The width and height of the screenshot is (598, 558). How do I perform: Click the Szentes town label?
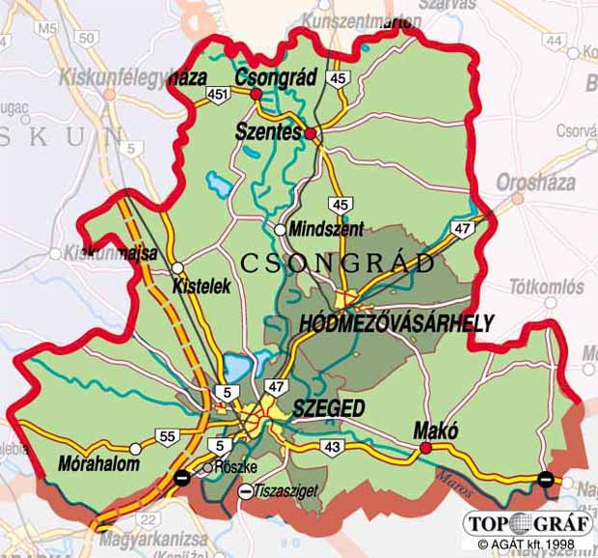(x=268, y=132)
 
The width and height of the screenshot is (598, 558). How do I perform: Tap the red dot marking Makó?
(x=425, y=447)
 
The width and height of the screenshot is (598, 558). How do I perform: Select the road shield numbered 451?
(x=217, y=94)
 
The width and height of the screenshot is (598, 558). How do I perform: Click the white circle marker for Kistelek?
(x=177, y=268)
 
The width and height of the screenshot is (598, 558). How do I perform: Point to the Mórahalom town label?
(x=98, y=463)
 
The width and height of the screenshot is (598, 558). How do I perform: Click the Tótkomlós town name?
(x=546, y=287)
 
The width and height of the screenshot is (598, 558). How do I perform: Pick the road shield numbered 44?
(x=554, y=40)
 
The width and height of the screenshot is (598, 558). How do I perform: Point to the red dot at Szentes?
(x=311, y=132)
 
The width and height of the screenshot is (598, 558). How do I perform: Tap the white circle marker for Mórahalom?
(x=135, y=449)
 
